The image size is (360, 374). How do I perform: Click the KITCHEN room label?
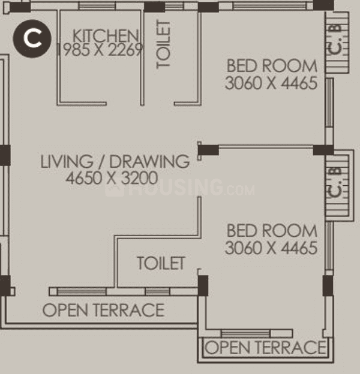point(105,35)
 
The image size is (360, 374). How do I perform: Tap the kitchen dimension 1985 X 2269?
point(100,50)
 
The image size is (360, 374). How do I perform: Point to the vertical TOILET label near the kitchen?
point(164,44)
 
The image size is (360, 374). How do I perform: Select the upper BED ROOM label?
point(271,65)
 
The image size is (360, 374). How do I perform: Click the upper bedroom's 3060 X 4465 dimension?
point(271,83)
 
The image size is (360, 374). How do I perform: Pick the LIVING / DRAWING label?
point(115,162)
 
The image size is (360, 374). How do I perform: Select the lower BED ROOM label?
point(271,231)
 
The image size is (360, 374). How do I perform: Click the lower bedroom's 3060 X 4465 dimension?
point(271,248)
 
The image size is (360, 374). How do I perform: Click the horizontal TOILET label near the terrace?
point(161,263)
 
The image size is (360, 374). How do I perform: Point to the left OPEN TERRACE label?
point(103,310)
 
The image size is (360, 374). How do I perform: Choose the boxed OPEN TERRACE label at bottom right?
point(265,347)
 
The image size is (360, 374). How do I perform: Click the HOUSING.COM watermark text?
point(180,189)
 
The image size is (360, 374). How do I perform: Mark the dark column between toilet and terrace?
point(203,285)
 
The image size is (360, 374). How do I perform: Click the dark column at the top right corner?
point(323,5)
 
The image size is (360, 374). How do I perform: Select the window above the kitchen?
point(98,7)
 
